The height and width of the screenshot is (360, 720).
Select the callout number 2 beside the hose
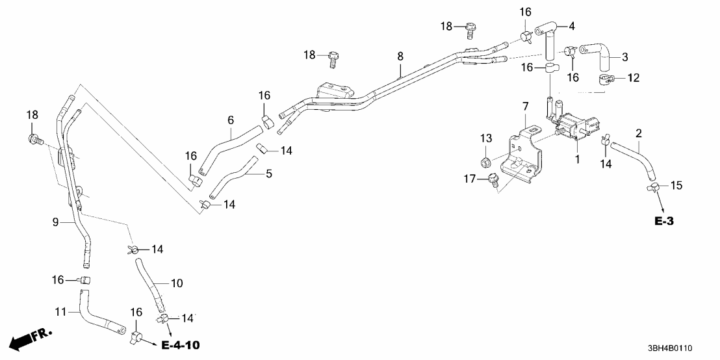639,133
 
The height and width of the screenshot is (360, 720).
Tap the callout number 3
624,57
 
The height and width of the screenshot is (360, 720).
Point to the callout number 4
572,27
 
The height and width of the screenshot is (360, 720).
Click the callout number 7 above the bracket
525,105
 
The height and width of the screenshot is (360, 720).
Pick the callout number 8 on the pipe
400,57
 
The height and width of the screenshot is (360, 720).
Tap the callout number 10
177,283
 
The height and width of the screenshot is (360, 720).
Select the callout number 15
676,186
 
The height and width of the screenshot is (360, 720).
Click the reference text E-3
663,222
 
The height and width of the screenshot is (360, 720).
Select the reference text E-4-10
176,343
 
